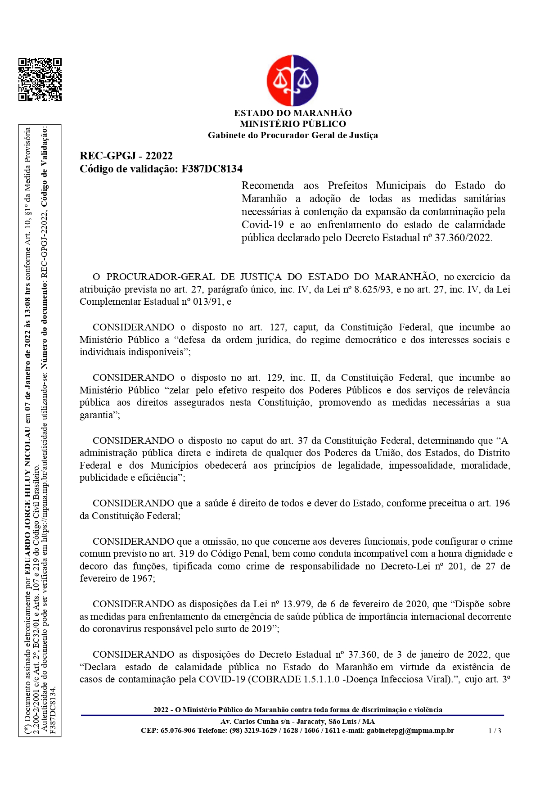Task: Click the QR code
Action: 40,80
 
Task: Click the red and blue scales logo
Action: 292,81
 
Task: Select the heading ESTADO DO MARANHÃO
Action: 292,113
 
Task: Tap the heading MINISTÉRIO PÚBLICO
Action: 292,124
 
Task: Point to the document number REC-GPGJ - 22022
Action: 126,156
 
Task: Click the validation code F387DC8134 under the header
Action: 211,169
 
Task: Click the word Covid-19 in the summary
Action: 262,225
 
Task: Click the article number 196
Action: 502,503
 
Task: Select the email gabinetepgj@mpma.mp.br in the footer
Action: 410,731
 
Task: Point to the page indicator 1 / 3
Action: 495,731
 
